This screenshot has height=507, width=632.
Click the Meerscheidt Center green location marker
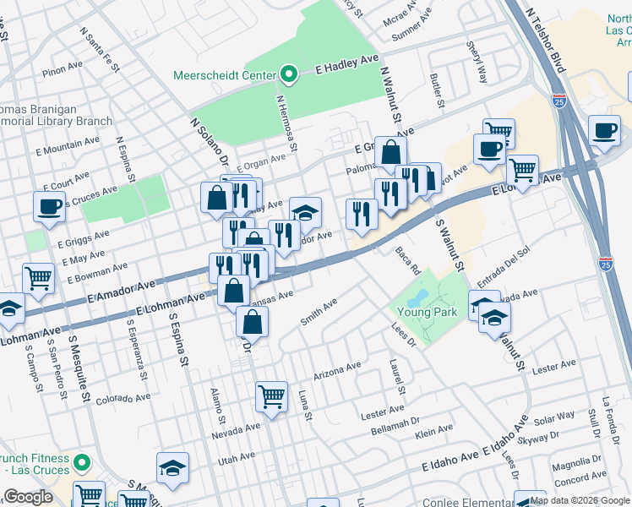click(290, 75)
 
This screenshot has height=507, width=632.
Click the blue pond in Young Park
click(417, 298)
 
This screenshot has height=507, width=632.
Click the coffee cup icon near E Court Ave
click(49, 205)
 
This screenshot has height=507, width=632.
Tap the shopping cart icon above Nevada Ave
click(271, 395)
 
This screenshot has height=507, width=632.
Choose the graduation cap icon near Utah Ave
click(172, 467)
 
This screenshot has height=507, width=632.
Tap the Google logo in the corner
click(28, 497)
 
